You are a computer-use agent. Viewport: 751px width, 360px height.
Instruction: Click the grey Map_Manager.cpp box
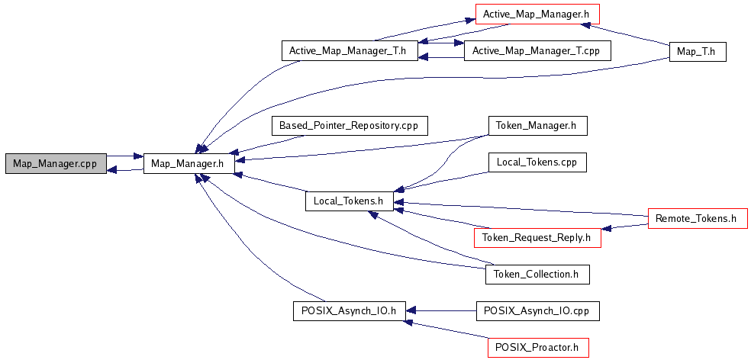click(x=55, y=163)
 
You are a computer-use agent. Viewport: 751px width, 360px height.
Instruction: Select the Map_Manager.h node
click(x=189, y=163)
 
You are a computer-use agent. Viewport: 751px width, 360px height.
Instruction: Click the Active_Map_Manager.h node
click(x=537, y=14)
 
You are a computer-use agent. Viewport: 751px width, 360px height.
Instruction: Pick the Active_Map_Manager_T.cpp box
click(x=538, y=51)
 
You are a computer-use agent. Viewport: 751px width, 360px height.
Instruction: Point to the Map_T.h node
click(x=696, y=51)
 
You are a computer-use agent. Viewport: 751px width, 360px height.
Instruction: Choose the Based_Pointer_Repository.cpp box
click(x=350, y=125)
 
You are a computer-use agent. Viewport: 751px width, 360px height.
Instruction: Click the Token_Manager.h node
click(x=537, y=125)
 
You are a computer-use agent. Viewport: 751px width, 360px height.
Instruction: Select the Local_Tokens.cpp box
click(x=537, y=162)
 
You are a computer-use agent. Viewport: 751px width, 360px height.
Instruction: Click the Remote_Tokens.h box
click(x=696, y=219)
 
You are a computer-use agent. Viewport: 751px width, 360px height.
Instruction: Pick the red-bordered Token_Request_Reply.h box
click(x=537, y=237)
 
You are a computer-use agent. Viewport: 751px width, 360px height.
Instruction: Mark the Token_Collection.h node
click(x=537, y=274)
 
